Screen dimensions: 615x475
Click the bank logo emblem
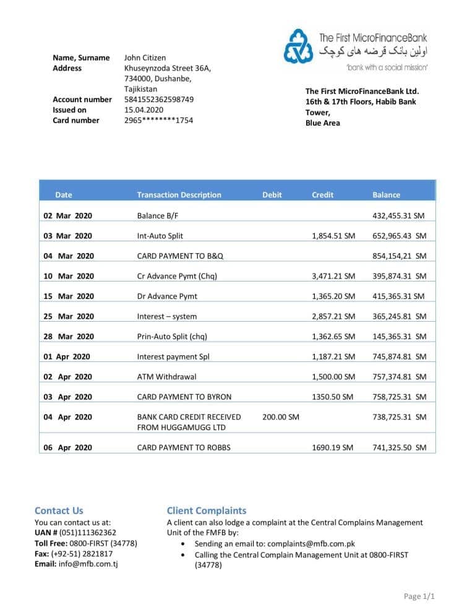[299, 46]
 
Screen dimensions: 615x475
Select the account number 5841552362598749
[159, 100]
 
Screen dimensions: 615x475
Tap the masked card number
[158, 121]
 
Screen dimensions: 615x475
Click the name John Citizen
[145, 58]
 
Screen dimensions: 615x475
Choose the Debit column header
[272, 195]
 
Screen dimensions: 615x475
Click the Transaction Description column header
[179, 195]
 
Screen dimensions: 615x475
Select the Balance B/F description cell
[158, 216]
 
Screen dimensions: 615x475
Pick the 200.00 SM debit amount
[281, 417]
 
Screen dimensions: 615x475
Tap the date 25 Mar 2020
[68, 317]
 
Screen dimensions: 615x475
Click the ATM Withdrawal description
[166, 377]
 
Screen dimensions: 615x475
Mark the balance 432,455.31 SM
[398, 216]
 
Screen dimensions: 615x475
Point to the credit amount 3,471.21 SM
[333, 276]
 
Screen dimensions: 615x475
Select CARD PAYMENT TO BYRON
[184, 397]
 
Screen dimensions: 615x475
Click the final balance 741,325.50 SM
[399, 447]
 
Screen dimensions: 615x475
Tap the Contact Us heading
[59, 510]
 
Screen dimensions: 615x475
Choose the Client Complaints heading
[206, 510]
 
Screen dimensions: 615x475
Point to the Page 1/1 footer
[419, 596]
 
